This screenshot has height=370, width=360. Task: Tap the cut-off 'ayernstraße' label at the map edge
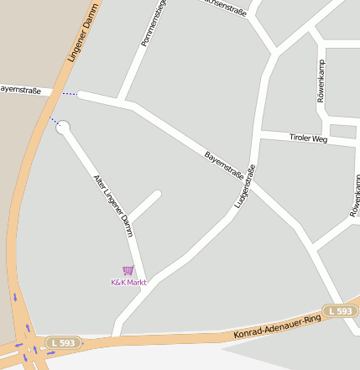tap(19, 88)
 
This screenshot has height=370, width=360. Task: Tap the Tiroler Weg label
tap(308, 138)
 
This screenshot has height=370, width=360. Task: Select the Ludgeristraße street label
tap(244, 185)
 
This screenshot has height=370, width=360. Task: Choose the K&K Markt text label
tap(128, 283)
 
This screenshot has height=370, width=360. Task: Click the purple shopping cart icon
tap(128, 270)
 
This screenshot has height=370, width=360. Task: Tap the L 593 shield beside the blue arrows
tap(63, 342)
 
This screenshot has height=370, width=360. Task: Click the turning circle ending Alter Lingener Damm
tap(63, 128)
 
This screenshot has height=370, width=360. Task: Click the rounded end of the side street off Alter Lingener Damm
tap(156, 195)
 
